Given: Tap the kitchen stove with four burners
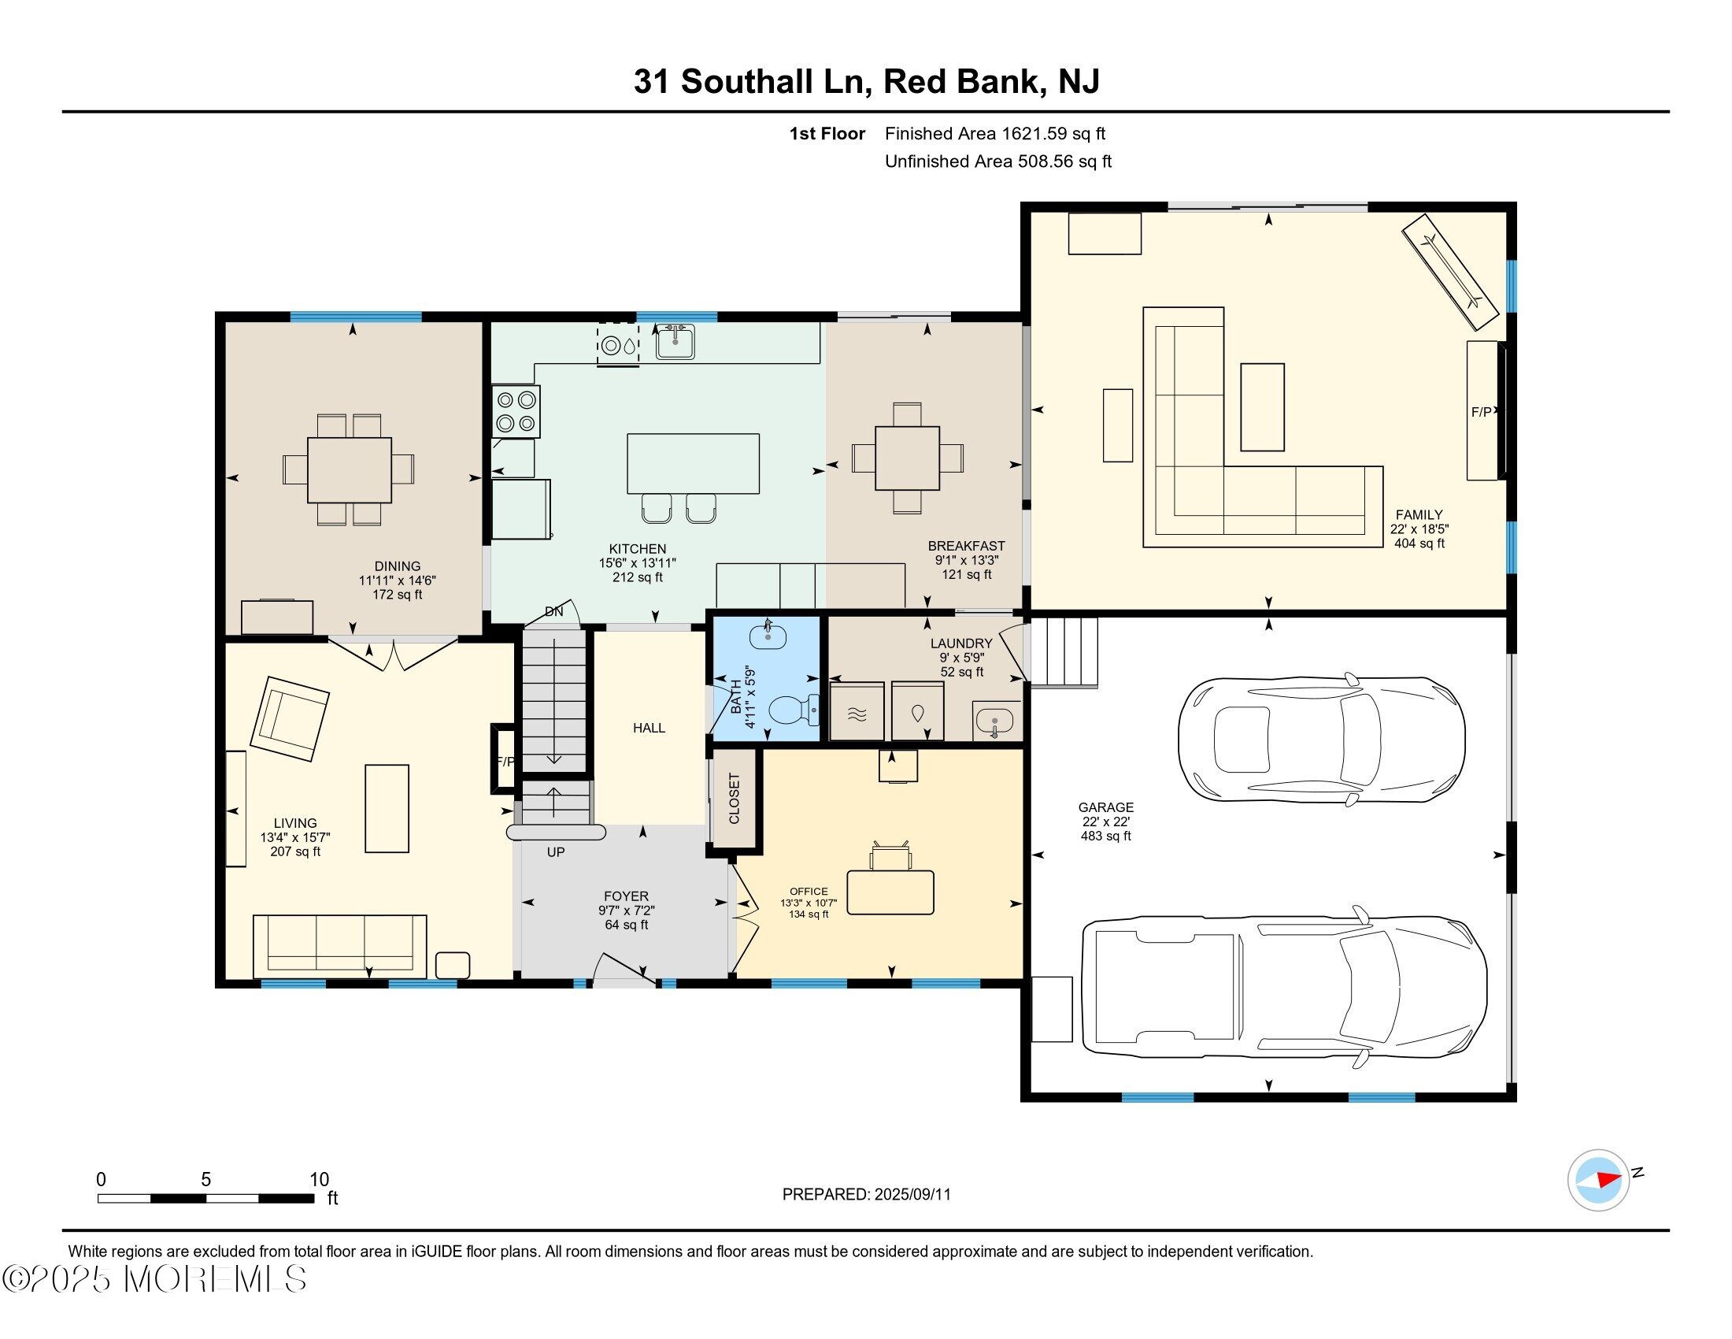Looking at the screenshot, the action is tap(516, 411).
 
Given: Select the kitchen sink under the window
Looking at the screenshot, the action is tap(675, 341).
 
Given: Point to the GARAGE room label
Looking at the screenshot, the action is tap(1105, 807).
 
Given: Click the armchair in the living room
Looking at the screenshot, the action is tap(290, 718).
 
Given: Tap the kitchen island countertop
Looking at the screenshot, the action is tap(693, 464).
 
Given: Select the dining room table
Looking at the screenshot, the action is tap(349, 469).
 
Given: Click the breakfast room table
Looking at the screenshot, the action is tap(907, 458).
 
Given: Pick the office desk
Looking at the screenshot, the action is tap(890, 892).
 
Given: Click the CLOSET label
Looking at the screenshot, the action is tap(734, 799).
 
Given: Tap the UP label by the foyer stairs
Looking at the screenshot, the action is tap(555, 852).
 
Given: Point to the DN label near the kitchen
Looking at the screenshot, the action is tap(553, 611).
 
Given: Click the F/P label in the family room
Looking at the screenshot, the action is tap(1482, 412).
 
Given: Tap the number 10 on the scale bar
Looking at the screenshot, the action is tap(320, 1179).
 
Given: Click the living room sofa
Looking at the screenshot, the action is tap(339, 946).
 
